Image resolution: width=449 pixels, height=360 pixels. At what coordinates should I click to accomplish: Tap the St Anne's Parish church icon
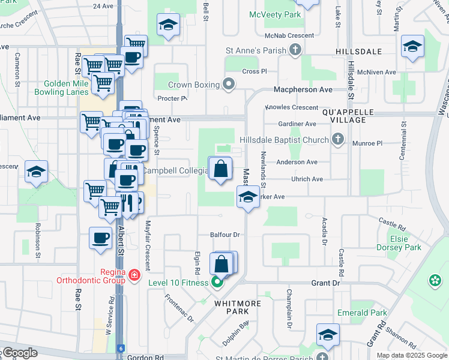[295, 52]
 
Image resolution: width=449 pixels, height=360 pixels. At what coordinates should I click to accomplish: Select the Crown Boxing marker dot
[228, 85]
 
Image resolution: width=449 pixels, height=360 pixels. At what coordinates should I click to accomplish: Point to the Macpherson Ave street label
[303, 89]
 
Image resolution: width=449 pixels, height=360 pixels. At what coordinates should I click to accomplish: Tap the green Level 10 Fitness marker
[217, 282]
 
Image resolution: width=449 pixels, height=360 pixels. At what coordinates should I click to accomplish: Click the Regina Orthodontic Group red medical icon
[134, 277]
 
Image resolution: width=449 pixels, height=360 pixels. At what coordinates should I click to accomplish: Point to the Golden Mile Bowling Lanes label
[66, 88]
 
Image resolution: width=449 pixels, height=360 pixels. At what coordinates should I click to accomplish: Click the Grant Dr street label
[325, 282]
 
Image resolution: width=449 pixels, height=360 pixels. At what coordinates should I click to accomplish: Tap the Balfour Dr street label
[225, 235]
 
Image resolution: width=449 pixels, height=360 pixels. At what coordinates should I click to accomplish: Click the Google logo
[19, 353]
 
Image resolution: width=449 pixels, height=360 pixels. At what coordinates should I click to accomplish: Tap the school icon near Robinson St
[36, 173]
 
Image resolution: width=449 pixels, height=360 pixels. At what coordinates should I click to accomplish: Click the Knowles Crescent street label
[291, 107]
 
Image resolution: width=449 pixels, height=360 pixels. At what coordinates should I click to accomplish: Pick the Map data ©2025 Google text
[412, 355]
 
